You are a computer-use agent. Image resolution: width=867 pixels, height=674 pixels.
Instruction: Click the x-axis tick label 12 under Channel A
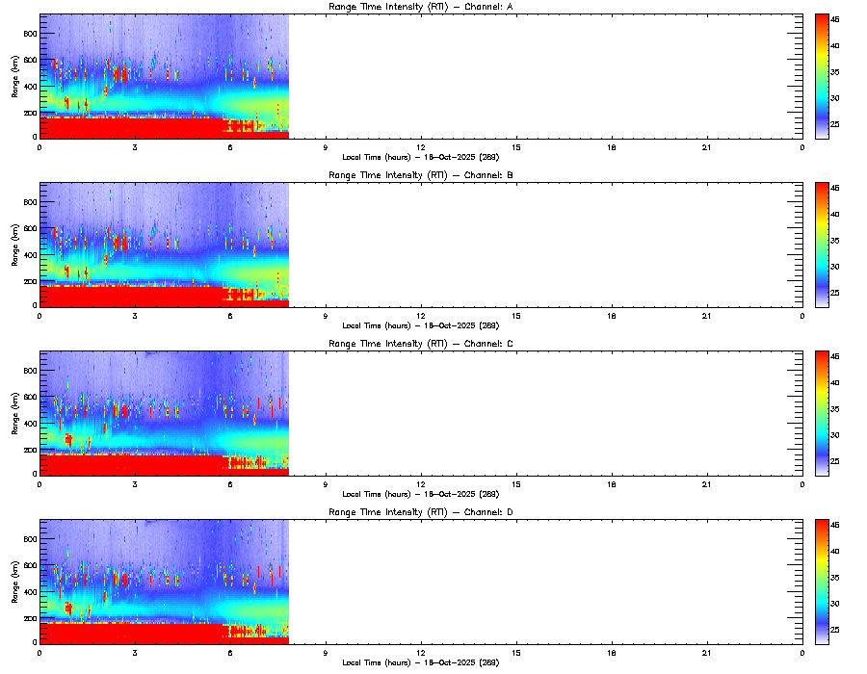click(421, 146)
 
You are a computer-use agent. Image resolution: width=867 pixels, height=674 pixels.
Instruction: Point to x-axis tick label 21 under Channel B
click(707, 315)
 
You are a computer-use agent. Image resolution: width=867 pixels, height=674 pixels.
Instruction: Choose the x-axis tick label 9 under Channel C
click(326, 483)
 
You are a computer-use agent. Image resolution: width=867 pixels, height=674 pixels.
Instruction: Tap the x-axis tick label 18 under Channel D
click(612, 652)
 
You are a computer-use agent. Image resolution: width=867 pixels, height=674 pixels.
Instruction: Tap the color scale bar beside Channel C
click(822, 413)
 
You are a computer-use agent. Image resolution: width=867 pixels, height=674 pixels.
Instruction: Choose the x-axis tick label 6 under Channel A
click(230, 146)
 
